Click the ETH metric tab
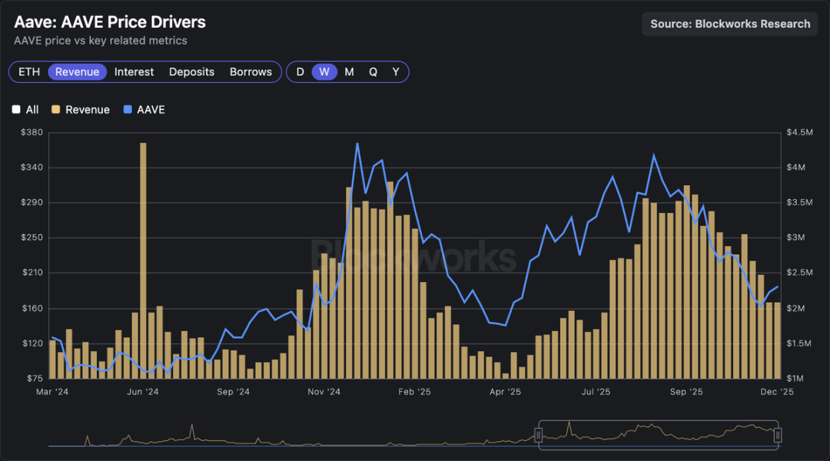[x=29, y=71]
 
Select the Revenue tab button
[x=77, y=71]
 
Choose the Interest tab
[x=134, y=71]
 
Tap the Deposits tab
[x=191, y=71]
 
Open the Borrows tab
[x=251, y=71]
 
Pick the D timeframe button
[x=300, y=71]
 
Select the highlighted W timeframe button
[x=324, y=71]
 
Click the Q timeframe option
[x=373, y=71]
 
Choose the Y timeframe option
[x=396, y=71]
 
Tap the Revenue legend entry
[x=80, y=110]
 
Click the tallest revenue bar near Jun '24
[x=143, y=261]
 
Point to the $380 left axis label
[x=32, y=132]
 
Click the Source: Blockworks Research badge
[x=730, y=24]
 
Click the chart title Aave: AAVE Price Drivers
[x=110, y=22]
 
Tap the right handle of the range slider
[x=778, y=436]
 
